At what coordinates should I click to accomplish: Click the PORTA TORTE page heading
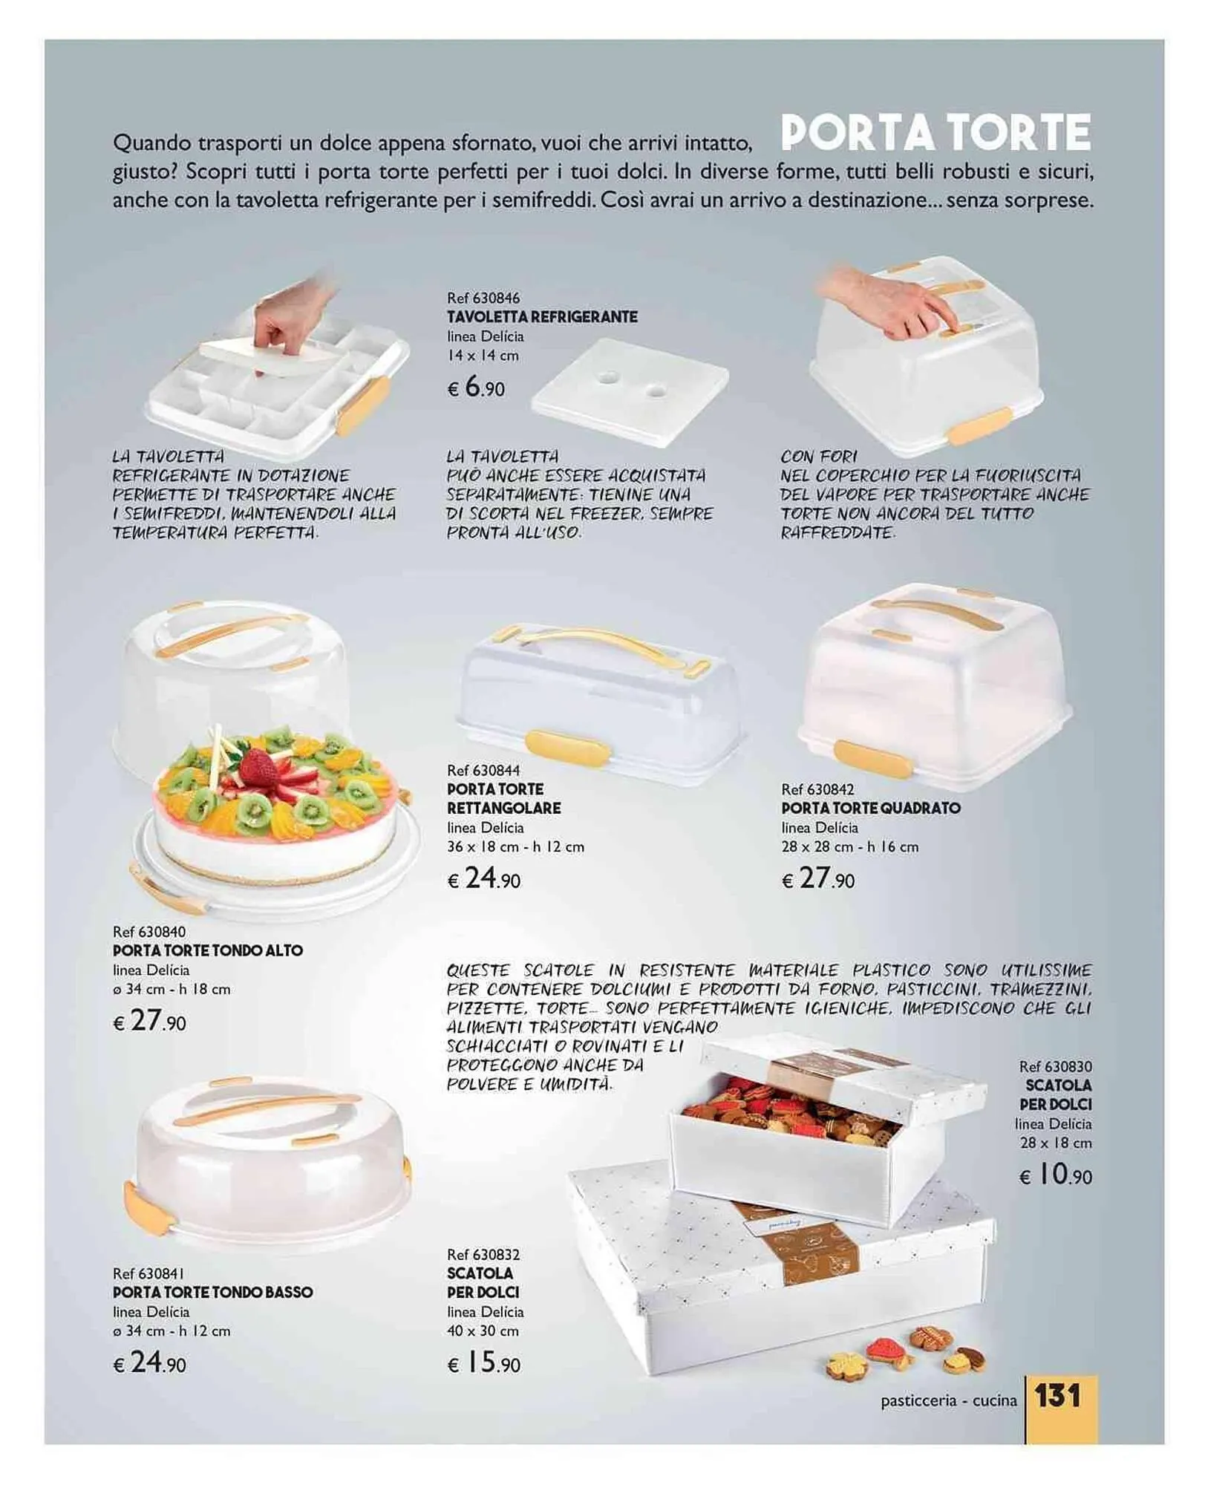pyautogui.click(x=935, y=132)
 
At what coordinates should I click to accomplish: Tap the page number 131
pyautogui.click(x=1058, y=1395)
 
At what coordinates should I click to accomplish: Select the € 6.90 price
pyautogui.click(x=476, y=388)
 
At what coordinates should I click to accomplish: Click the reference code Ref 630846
pyautogui.click(x=483, y=298)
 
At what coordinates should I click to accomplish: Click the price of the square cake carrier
pyautogui.click(x=818, y=879)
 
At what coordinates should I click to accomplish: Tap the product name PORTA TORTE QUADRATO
pyautogui.click(x=871, y=808)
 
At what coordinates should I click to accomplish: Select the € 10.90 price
pyautogui.click(x=1055, y=1174)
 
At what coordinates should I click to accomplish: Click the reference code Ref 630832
pyautogui.click(x=483, y=1254)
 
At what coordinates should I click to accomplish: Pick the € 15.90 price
pyautogui.click(x=483, y=1362)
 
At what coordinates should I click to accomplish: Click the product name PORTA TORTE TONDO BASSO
pyautogui.click(x=212, y=1292)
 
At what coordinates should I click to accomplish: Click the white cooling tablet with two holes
pyautogui.click(x=630, y=391)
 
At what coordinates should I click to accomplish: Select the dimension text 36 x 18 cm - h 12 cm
pyautogui.click(x=516, y=846)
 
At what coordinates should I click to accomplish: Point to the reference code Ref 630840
pyautogui.click(x=149, y=931)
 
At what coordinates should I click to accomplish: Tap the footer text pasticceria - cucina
pyautogui.click(x=949, y=1400)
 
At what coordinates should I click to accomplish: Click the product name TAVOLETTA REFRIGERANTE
pyautogui.click(x=542, y=317)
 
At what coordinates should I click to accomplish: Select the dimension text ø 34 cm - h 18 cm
pyautogui.click(x=172, y=989)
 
